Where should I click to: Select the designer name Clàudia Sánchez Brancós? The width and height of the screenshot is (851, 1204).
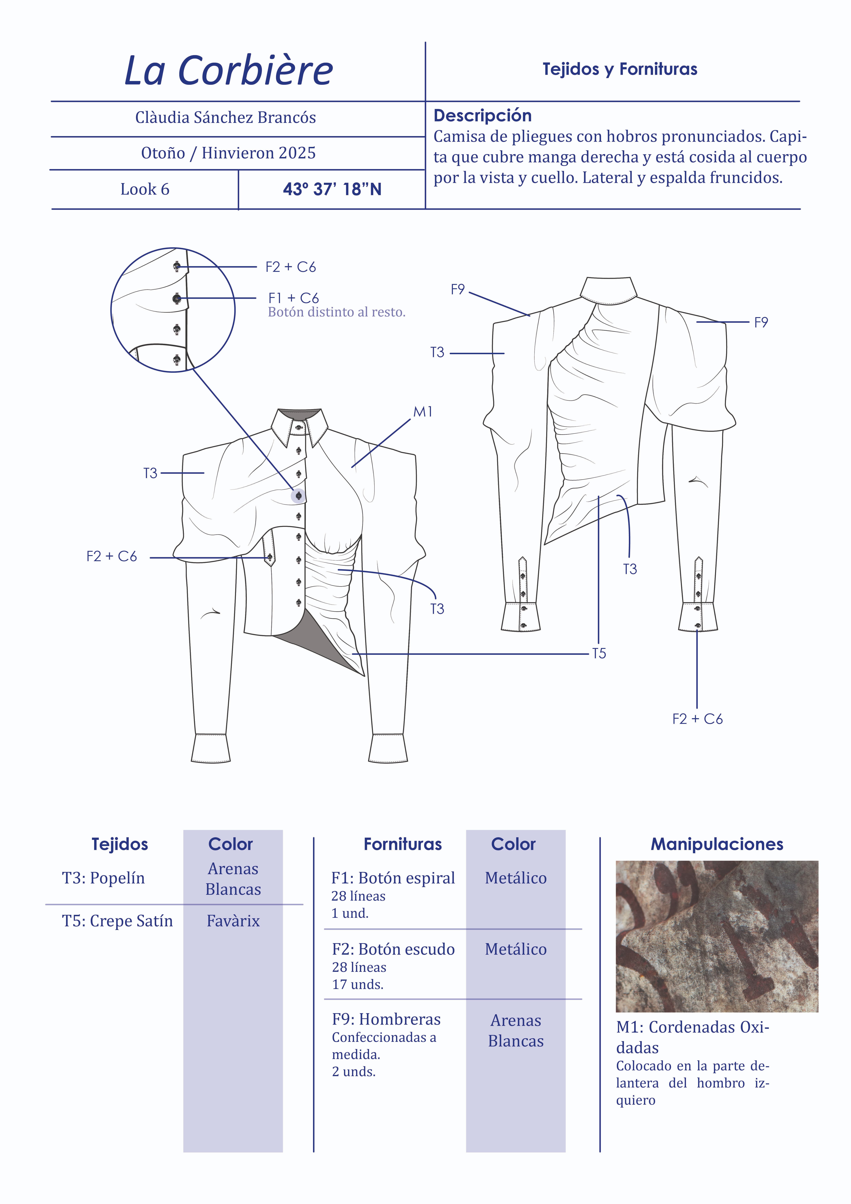click(x=225, y=117)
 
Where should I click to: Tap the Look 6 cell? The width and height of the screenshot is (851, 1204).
click(x=145, y=189)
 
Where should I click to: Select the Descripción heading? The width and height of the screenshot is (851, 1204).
click(x=482, y=115)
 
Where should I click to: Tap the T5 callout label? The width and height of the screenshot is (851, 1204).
click(x=599, y=653)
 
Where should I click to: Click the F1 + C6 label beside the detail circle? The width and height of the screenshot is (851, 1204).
click(x=294, y=298)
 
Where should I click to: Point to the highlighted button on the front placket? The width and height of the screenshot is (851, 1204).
click(x=298, y=496)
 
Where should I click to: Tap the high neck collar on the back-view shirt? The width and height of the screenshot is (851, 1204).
click(x=609, y=290)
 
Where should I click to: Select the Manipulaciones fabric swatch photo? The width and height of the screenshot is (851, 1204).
click(x=717, y=936)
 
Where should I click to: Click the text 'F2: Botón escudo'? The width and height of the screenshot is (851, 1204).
click(x=393, y=949)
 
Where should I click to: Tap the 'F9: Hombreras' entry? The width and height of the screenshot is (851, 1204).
click(x=386, y=1019)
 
